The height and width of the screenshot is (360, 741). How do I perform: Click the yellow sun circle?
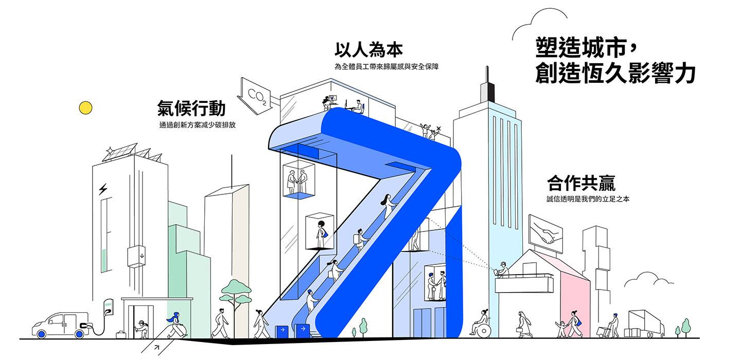85,107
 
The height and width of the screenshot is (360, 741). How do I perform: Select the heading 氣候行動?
191,109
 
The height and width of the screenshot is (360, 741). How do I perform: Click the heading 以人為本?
368,50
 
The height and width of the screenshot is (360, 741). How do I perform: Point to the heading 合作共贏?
581,183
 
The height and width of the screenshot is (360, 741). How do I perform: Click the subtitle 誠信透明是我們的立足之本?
588,199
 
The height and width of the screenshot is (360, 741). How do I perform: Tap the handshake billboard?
545,233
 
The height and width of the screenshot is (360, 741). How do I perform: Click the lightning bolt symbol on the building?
103,190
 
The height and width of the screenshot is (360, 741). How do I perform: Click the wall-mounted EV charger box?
108,307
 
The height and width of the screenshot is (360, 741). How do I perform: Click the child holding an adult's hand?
560,329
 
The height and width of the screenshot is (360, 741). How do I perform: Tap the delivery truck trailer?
645,322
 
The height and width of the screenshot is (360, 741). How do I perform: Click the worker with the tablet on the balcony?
502,269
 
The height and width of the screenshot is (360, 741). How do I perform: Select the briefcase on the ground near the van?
121,335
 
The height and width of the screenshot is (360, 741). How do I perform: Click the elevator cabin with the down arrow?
137,257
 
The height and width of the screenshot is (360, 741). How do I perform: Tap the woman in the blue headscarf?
175,324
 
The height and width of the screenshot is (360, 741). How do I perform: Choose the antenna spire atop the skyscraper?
485,82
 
